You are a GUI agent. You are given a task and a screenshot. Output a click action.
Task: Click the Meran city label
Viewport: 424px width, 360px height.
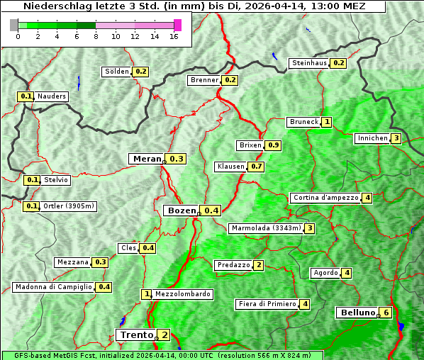[147, 159]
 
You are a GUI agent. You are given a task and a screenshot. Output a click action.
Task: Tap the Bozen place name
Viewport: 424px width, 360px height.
[180, 210]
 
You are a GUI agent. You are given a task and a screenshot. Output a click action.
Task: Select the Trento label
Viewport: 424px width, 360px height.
[136, 334]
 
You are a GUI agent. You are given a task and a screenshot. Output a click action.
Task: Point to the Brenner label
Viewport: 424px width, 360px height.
[204, 80]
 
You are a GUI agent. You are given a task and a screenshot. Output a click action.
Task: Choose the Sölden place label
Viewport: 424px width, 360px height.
[117, 72]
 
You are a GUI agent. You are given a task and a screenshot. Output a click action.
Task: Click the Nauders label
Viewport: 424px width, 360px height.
[52, 96]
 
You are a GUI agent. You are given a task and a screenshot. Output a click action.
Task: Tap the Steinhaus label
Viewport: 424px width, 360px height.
[309, 63]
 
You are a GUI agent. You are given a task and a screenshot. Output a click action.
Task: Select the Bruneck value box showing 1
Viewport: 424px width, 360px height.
[327, 122]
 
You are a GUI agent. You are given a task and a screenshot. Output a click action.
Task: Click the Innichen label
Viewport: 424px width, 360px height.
[372, 138]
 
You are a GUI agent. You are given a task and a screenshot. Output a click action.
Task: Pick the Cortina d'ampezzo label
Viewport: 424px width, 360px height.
[325, 198]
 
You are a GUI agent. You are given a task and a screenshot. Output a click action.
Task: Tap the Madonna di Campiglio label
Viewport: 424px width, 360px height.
[53, 287]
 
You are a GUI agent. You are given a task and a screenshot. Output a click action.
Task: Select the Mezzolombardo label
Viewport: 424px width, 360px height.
[182, 294]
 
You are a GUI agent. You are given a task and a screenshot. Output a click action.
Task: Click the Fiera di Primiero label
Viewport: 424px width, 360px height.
[267, 304]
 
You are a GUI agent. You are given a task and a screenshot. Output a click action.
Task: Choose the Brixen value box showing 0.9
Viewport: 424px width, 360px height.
[273, 145]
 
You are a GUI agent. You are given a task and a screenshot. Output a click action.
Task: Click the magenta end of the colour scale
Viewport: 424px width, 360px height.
[177, 25]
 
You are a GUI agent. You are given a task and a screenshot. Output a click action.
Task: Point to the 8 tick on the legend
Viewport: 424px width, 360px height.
[96, 36]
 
